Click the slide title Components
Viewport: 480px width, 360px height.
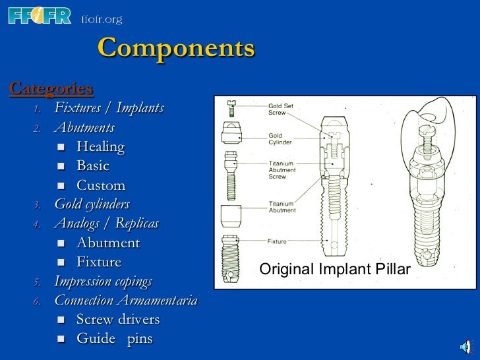pos(175,49)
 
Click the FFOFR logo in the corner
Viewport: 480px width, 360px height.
pos(39,16)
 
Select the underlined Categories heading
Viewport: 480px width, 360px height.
pos(51,88)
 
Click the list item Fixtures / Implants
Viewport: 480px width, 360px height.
pos(109,107)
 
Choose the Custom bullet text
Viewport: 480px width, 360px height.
pos(100,185)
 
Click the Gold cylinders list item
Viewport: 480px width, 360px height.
pos(92,204)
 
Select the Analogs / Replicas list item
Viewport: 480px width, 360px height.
pos(106,223)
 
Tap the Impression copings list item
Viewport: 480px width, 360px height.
pos(103,282)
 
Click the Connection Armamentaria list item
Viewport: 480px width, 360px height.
pos(125,301)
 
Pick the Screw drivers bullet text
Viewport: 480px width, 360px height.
pos(117,320)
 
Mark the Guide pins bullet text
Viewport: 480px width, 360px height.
pos(114,340)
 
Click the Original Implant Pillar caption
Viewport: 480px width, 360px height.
pos(335,270)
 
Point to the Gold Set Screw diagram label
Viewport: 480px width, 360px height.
pos(281,109)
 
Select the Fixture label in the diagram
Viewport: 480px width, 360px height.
pos(277,242)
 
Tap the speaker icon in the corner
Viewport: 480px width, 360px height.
pos(465,347)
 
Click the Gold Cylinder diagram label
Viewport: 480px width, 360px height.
pos(280,139)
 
